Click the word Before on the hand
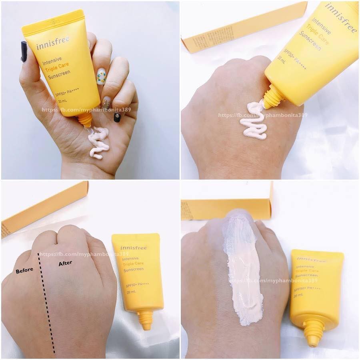pos(24,270)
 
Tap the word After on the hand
pos(65,264)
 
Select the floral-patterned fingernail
pos(101,76)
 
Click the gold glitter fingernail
pos(106,104)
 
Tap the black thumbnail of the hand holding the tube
pos(24,51)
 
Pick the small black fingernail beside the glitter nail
pos(117,117)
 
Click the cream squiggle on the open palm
pos(98,142)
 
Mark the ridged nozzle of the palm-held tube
pos(85,119)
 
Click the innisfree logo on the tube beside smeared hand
pos(311,260)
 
